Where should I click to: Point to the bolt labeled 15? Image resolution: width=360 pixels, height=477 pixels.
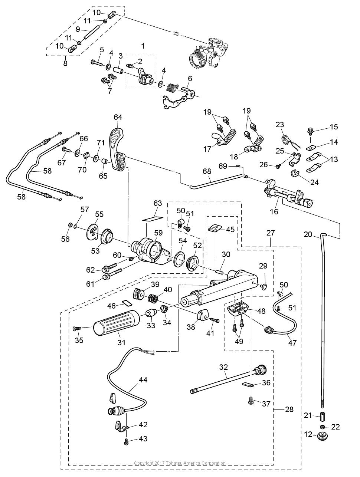[x=310, y=131]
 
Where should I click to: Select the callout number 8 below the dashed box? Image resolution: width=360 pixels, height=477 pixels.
[x=65, y=63]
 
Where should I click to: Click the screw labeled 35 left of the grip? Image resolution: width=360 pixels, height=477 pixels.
[x=77, y=328]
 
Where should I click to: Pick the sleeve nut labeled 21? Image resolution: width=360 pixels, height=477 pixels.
[x=323, y=415]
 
